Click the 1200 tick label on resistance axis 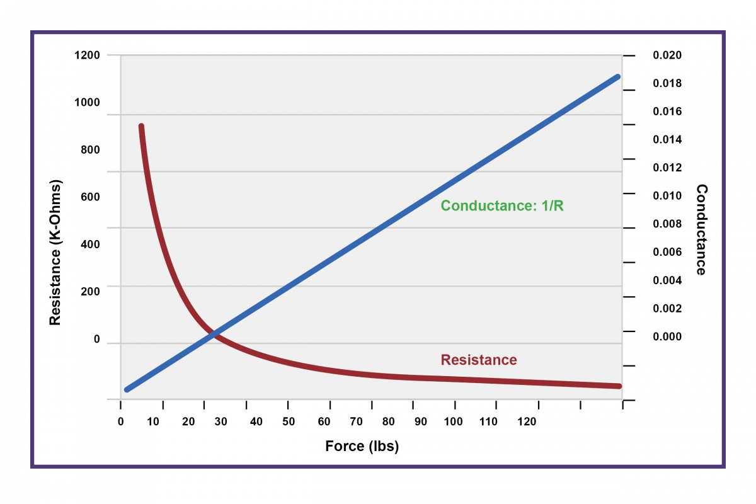coord(88,55)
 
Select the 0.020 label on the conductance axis coord(667,55)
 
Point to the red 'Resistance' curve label coord(479,360)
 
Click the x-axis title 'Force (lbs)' coord(362,446)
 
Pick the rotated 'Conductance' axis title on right coord(701,229)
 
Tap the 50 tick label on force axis coord(289,421)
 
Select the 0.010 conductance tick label coord(667,196)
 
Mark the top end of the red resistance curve coord(141,127)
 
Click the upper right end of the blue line coord(617,77)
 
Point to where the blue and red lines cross coord(214,333)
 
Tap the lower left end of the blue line coord(127,389)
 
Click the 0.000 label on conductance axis coord(667,336)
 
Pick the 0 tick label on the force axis coord(121,421)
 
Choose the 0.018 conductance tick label coord(667,84)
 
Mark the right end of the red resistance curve coord(619,386)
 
